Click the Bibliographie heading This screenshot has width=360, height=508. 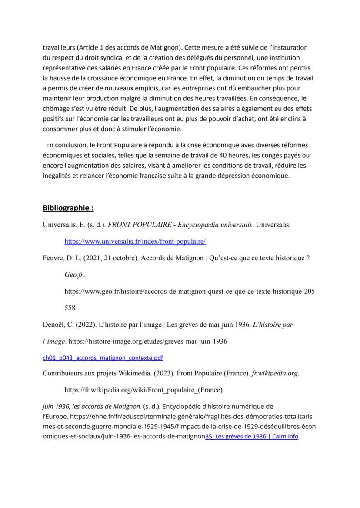(x=68, y=208)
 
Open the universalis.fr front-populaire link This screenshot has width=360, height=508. (x=135, y=241)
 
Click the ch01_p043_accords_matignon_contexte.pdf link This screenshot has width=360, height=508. (x=103, y=358)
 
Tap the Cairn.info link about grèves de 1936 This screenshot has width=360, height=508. (x=252, y=436)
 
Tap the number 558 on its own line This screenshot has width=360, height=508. (x=70, y=308)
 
